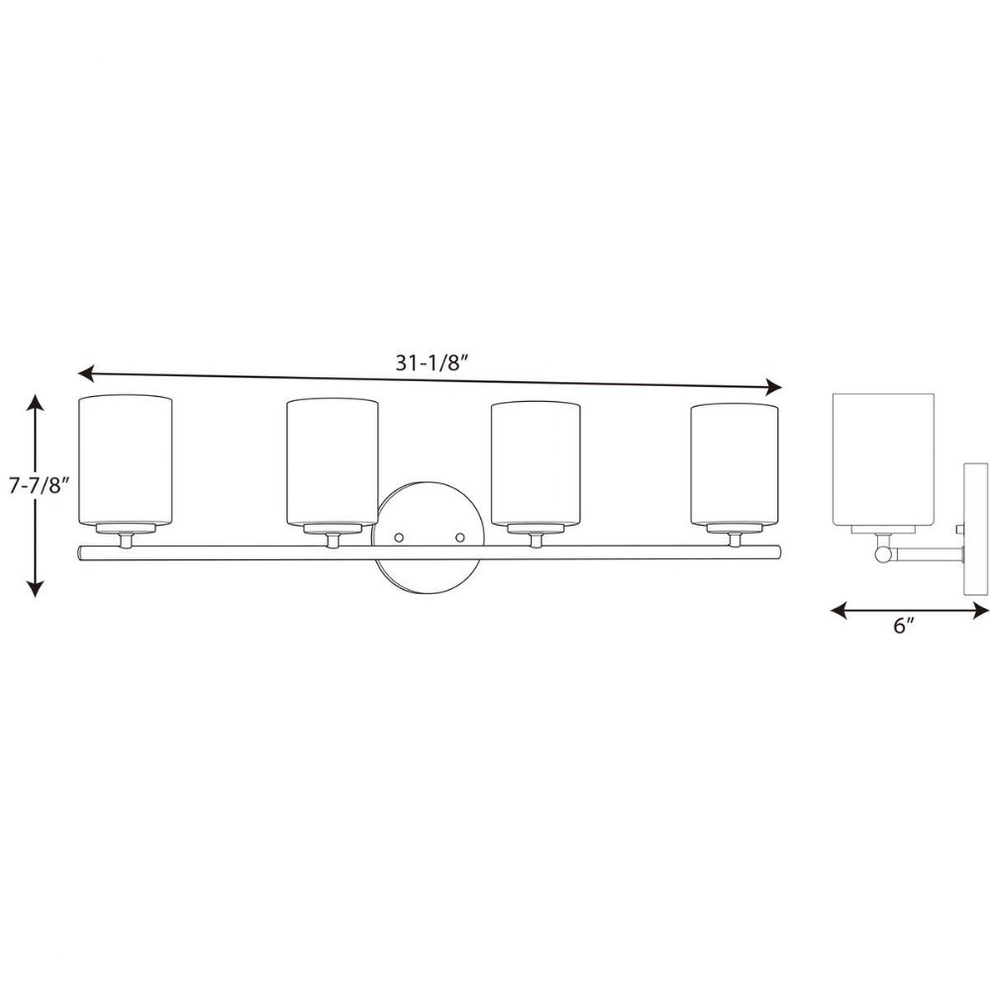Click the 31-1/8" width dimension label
click(434, 363)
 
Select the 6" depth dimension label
click(904, 626)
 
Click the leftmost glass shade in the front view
click(125, 460)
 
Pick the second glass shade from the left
click(332, 462)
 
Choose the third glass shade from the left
click(536, 464)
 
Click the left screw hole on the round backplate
click(399, 538)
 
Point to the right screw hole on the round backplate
click(459, 538)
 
